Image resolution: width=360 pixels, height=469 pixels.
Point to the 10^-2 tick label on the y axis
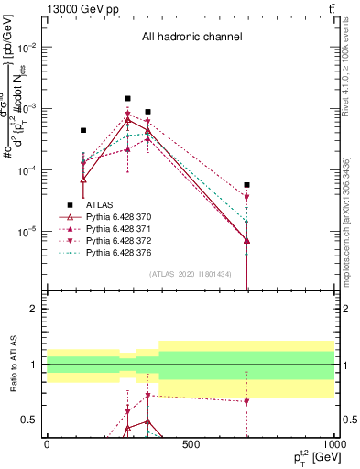point(27,47)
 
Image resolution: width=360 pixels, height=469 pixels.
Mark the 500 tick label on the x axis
point(190,444)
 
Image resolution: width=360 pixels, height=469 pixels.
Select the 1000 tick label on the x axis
point(332,444)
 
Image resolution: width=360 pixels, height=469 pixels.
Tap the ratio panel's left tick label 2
point(31,309)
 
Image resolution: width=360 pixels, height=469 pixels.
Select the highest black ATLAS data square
point(127,98)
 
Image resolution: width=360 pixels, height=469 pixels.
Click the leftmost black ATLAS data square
point(83,130)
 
